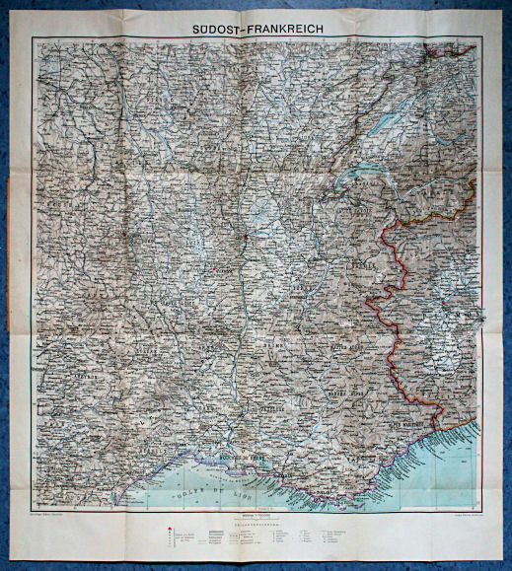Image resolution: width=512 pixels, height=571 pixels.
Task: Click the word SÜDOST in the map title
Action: [x=221, y=30]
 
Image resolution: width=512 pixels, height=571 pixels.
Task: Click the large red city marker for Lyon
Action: [x=245, y=239]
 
